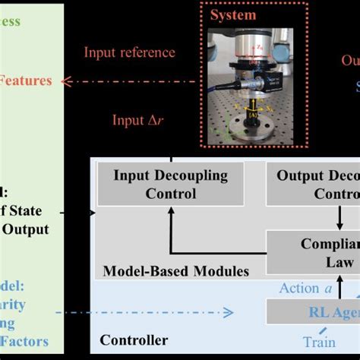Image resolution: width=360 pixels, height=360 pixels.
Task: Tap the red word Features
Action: pyautogui.click(x=26, y=80)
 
